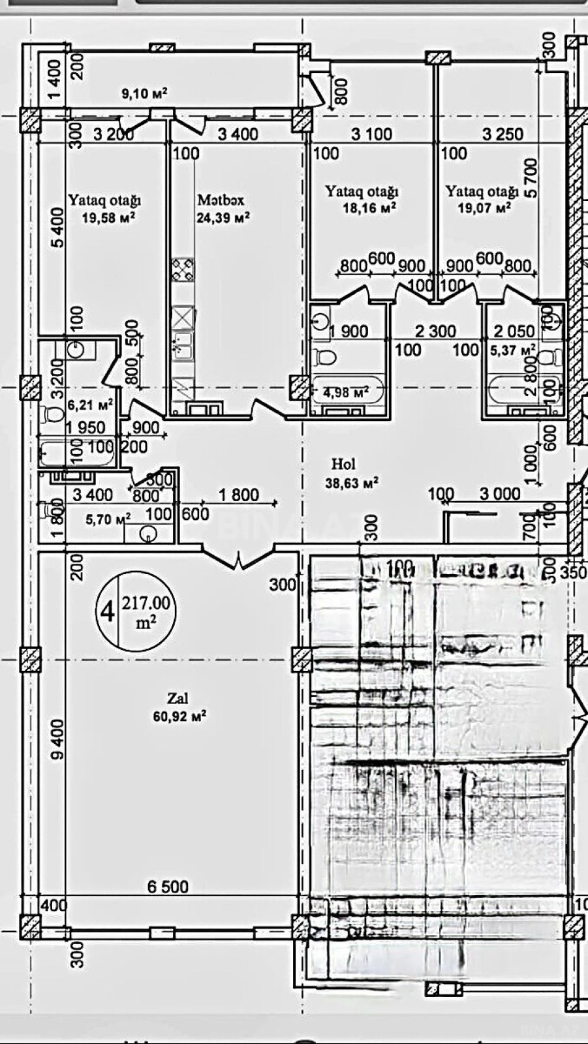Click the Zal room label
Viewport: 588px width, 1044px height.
click(x=178, y=698)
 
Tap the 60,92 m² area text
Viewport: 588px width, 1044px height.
click(x=179, y=716)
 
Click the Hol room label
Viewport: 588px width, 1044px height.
click(x=343, y=464)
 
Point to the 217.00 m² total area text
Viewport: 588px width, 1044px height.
click(x=146, y=611)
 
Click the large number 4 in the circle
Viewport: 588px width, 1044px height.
click(x=106, y=611)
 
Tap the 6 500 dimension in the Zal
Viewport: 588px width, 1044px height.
click(x=168, y=886)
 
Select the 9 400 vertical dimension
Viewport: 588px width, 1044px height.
click(x=58, y=739)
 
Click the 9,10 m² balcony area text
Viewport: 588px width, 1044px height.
click(x=144, y=94)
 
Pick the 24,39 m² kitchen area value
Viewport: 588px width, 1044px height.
click(x=223, y=218)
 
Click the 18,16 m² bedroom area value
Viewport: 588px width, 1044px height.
click(x=369, y=209)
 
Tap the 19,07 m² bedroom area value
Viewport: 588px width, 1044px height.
click(x=484, y=209)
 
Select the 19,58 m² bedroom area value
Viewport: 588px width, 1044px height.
click(x=108, y=217)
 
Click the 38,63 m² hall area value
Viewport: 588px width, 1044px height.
click(x=352, y=484)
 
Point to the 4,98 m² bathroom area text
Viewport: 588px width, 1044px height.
click(x=346, y=393)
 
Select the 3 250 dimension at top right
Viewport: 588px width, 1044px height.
click(x=503, y=134)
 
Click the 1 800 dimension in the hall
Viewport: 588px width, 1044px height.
click(x=239, y=495)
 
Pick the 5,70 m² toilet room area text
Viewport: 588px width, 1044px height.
click(x=108, y=519)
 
